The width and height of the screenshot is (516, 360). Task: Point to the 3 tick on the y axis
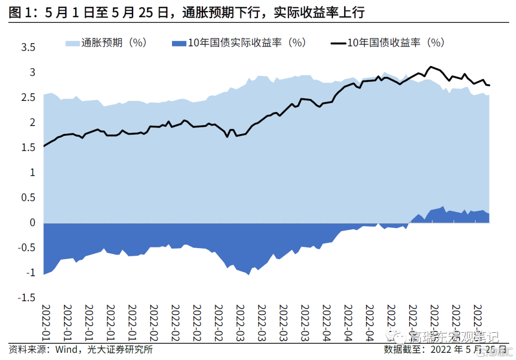click(31, 73)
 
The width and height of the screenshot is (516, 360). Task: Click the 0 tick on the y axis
click(32, 223)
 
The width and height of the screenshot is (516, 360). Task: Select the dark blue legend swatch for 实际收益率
click(178, 43)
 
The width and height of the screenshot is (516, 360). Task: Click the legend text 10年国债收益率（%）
click(396, 43)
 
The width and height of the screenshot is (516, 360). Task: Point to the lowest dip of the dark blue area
click(248, 275)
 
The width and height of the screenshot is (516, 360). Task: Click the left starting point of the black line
click(44, 146)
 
